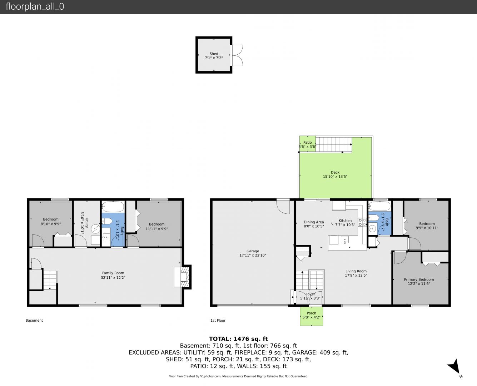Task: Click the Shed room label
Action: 214,54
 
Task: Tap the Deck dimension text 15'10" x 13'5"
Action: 335,177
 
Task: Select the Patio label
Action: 308,143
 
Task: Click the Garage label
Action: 253,251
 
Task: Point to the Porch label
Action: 312,313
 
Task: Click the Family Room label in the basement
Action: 113,273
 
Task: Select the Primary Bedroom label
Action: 419,279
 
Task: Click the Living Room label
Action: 356,271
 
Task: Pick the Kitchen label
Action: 345,221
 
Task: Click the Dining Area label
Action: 314,222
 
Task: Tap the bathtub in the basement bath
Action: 113,207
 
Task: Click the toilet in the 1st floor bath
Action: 373,218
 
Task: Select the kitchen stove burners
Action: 362,222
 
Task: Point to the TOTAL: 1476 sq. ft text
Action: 238,339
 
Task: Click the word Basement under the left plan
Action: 34,320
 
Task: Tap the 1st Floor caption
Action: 218,320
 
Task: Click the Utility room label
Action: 87,223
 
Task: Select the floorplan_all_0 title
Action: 35,6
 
